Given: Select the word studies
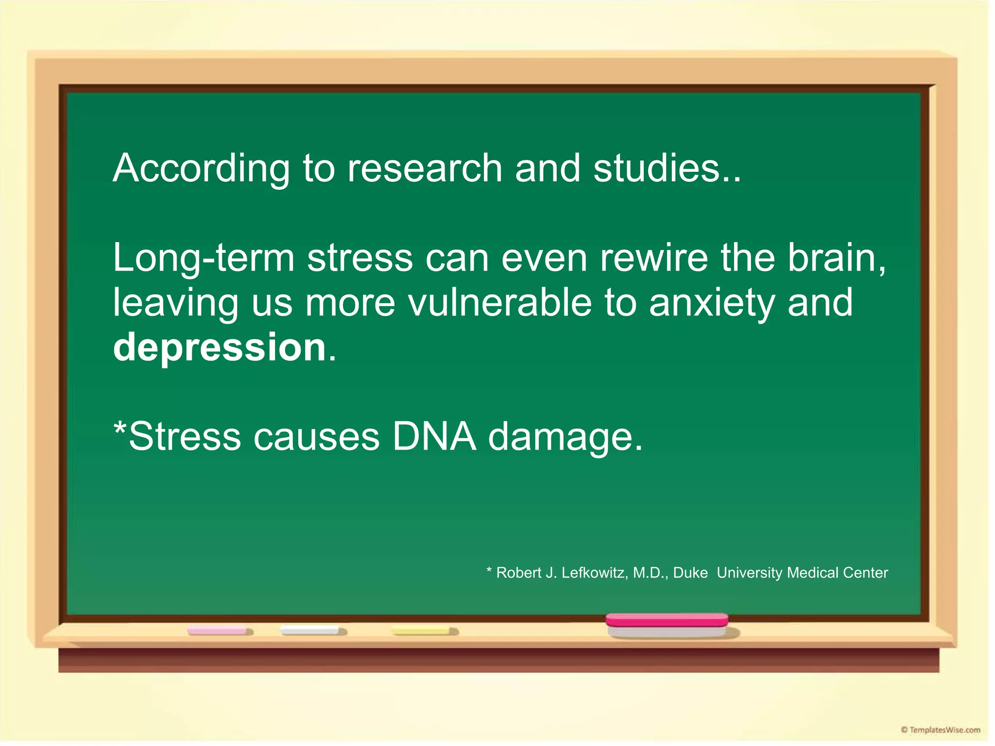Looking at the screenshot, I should pyautogui.click(x=656, y=168).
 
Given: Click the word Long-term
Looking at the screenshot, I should pyautogui.click(x=204, y=259).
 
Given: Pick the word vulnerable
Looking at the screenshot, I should pyautogui.click(x=500, y=302).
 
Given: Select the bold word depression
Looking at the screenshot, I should pyautogui.click(x=219, y=348).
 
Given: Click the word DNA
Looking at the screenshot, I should pyautogui.click(x=434, y=436).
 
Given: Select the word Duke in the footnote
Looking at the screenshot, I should pyautogui.click(x=690, y=573).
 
